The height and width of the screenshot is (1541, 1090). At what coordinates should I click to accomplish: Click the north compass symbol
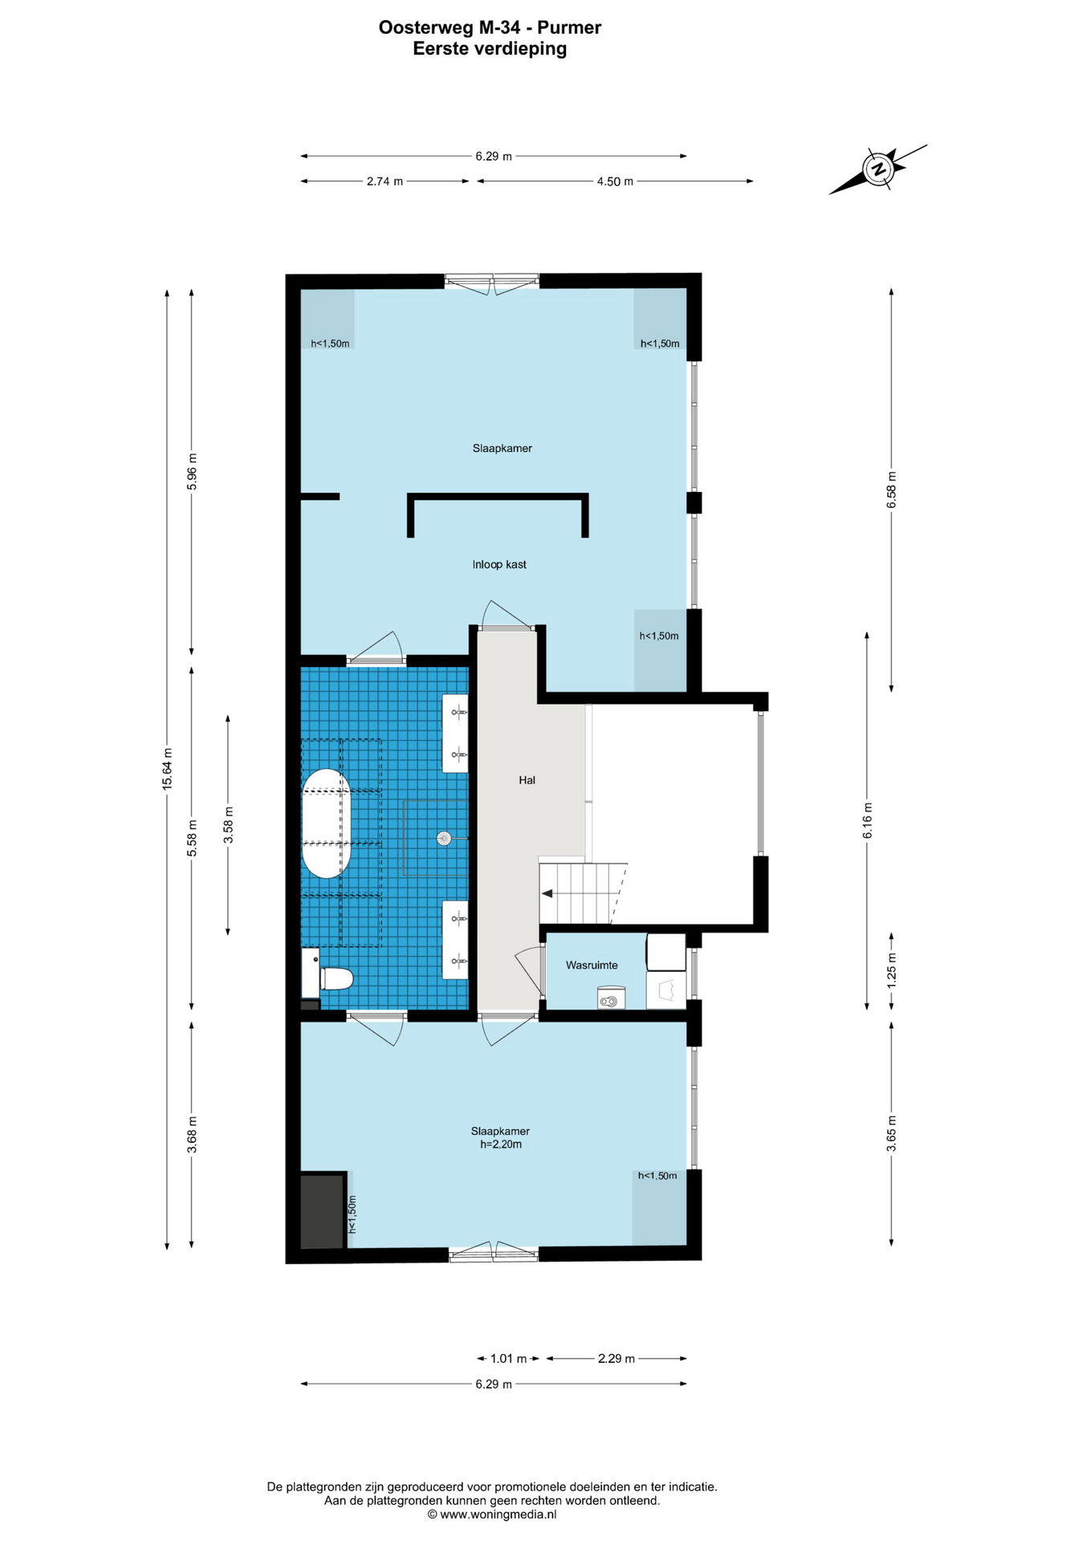pyautogui.click(x=879, y=169)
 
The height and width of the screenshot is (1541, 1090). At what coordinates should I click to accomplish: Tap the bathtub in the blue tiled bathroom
pyautogui.click(x=326, y=823)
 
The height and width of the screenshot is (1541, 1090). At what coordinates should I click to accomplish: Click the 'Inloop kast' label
pyautogui.click(x=499, y=564)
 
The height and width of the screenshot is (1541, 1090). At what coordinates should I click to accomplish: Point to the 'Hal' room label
pyautogui.click(x=527, y=779)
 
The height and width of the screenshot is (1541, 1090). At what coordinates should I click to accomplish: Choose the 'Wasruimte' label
pyautogui.click(x=592, y=965)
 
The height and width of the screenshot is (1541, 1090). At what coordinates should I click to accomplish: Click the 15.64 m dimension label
pyautogui.click(x=167, y=769)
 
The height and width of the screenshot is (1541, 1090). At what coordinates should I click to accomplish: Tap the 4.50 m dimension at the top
pyautogui.click(x=615, y=181)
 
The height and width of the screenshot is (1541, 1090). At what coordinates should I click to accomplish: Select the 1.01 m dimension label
pyautogui.click(x=508, y=1359)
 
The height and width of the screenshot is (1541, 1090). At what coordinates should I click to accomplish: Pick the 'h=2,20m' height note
pyautogui.click(x=501, y=1145)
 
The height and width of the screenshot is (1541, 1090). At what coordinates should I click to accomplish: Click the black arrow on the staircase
pyautogui.click(x=547, y=893)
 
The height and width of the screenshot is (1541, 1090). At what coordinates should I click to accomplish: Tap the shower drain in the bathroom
pyautogui.click(x=444, y=838)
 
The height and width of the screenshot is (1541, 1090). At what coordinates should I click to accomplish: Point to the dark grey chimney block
pyautogui.click(x=323, y=1210)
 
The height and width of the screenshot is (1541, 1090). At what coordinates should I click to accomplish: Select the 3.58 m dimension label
pyautogui.click(x=228, y=826)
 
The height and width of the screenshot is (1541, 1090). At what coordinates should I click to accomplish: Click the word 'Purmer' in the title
pyautogui.click(x=569, y=28)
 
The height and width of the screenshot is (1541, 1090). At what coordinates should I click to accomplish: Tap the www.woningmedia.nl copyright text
pyautogui.click(x=492, y=1515)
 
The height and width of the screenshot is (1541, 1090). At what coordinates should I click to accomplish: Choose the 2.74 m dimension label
pyautogui.click(x=384, y=181)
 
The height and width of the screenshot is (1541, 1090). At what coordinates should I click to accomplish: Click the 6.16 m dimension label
pyautogui.click(x=867, y=821)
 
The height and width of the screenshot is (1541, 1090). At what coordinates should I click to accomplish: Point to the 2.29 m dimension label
pyautogui.click(x=616, y=1359)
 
